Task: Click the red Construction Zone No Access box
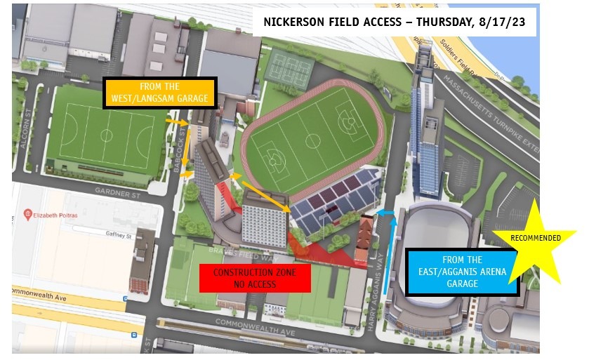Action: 254,278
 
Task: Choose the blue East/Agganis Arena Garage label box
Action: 463,272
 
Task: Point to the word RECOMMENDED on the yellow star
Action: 535,238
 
